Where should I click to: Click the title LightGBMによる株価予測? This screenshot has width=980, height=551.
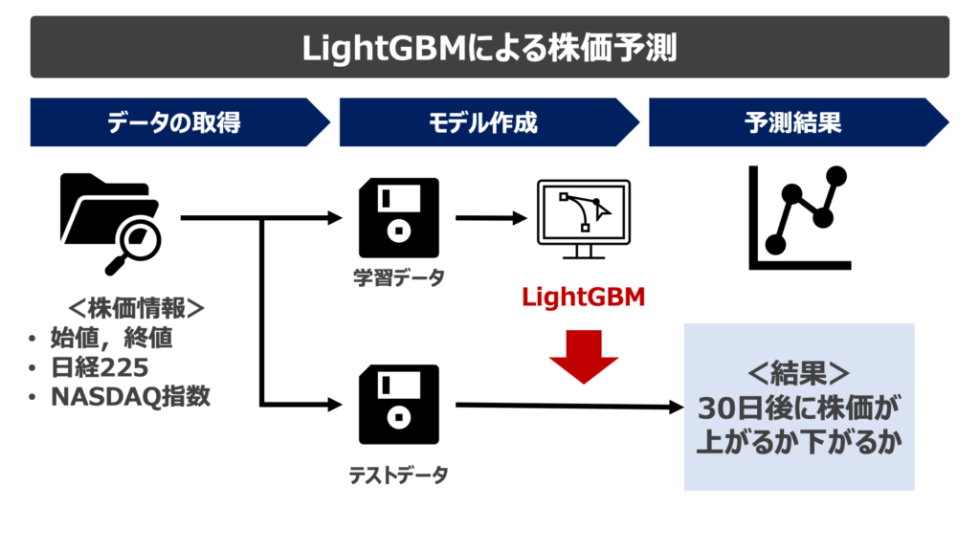489,47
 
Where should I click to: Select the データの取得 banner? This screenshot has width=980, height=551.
173,122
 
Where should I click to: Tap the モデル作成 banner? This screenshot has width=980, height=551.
483,122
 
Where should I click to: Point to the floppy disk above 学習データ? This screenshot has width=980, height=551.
398,218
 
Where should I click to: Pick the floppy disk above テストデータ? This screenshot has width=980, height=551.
398,406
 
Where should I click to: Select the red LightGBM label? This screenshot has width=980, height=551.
584,298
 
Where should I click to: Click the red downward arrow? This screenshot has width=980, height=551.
584,356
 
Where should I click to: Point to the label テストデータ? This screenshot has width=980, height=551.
398,474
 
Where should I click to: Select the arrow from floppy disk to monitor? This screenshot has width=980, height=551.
492,218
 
